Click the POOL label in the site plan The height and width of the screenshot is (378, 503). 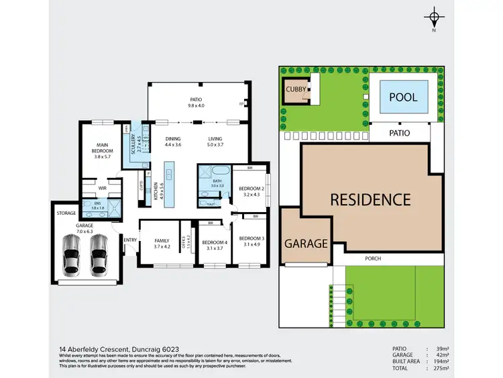[404, 97]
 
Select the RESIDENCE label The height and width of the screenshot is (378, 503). [370, 199]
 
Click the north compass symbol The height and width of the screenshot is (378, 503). [435, 18]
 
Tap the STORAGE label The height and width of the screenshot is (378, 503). [66, 213]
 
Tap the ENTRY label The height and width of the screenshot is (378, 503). [129, 239]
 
